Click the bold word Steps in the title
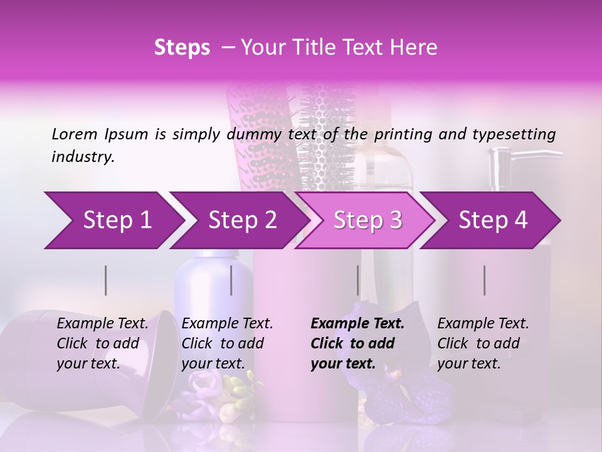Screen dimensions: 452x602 [x=182, y=48]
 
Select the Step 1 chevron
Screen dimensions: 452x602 [x=113, y=220]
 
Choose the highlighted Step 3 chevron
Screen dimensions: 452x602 [x=367, y=220]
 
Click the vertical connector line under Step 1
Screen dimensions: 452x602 [x=106, y=280]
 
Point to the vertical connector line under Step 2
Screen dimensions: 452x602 [x=231, y=280]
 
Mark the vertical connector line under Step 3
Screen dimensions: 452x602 [x=358, y=280]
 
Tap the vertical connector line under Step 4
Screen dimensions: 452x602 [x=485, y=280]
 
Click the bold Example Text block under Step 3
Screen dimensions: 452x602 [x=357, y=343]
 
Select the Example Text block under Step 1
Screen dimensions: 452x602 [x=102, y=343]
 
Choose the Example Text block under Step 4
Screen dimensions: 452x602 [x=483, y=343]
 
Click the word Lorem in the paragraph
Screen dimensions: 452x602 [x=75, y=134]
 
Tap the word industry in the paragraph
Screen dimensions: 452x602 [x=83, y=156]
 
